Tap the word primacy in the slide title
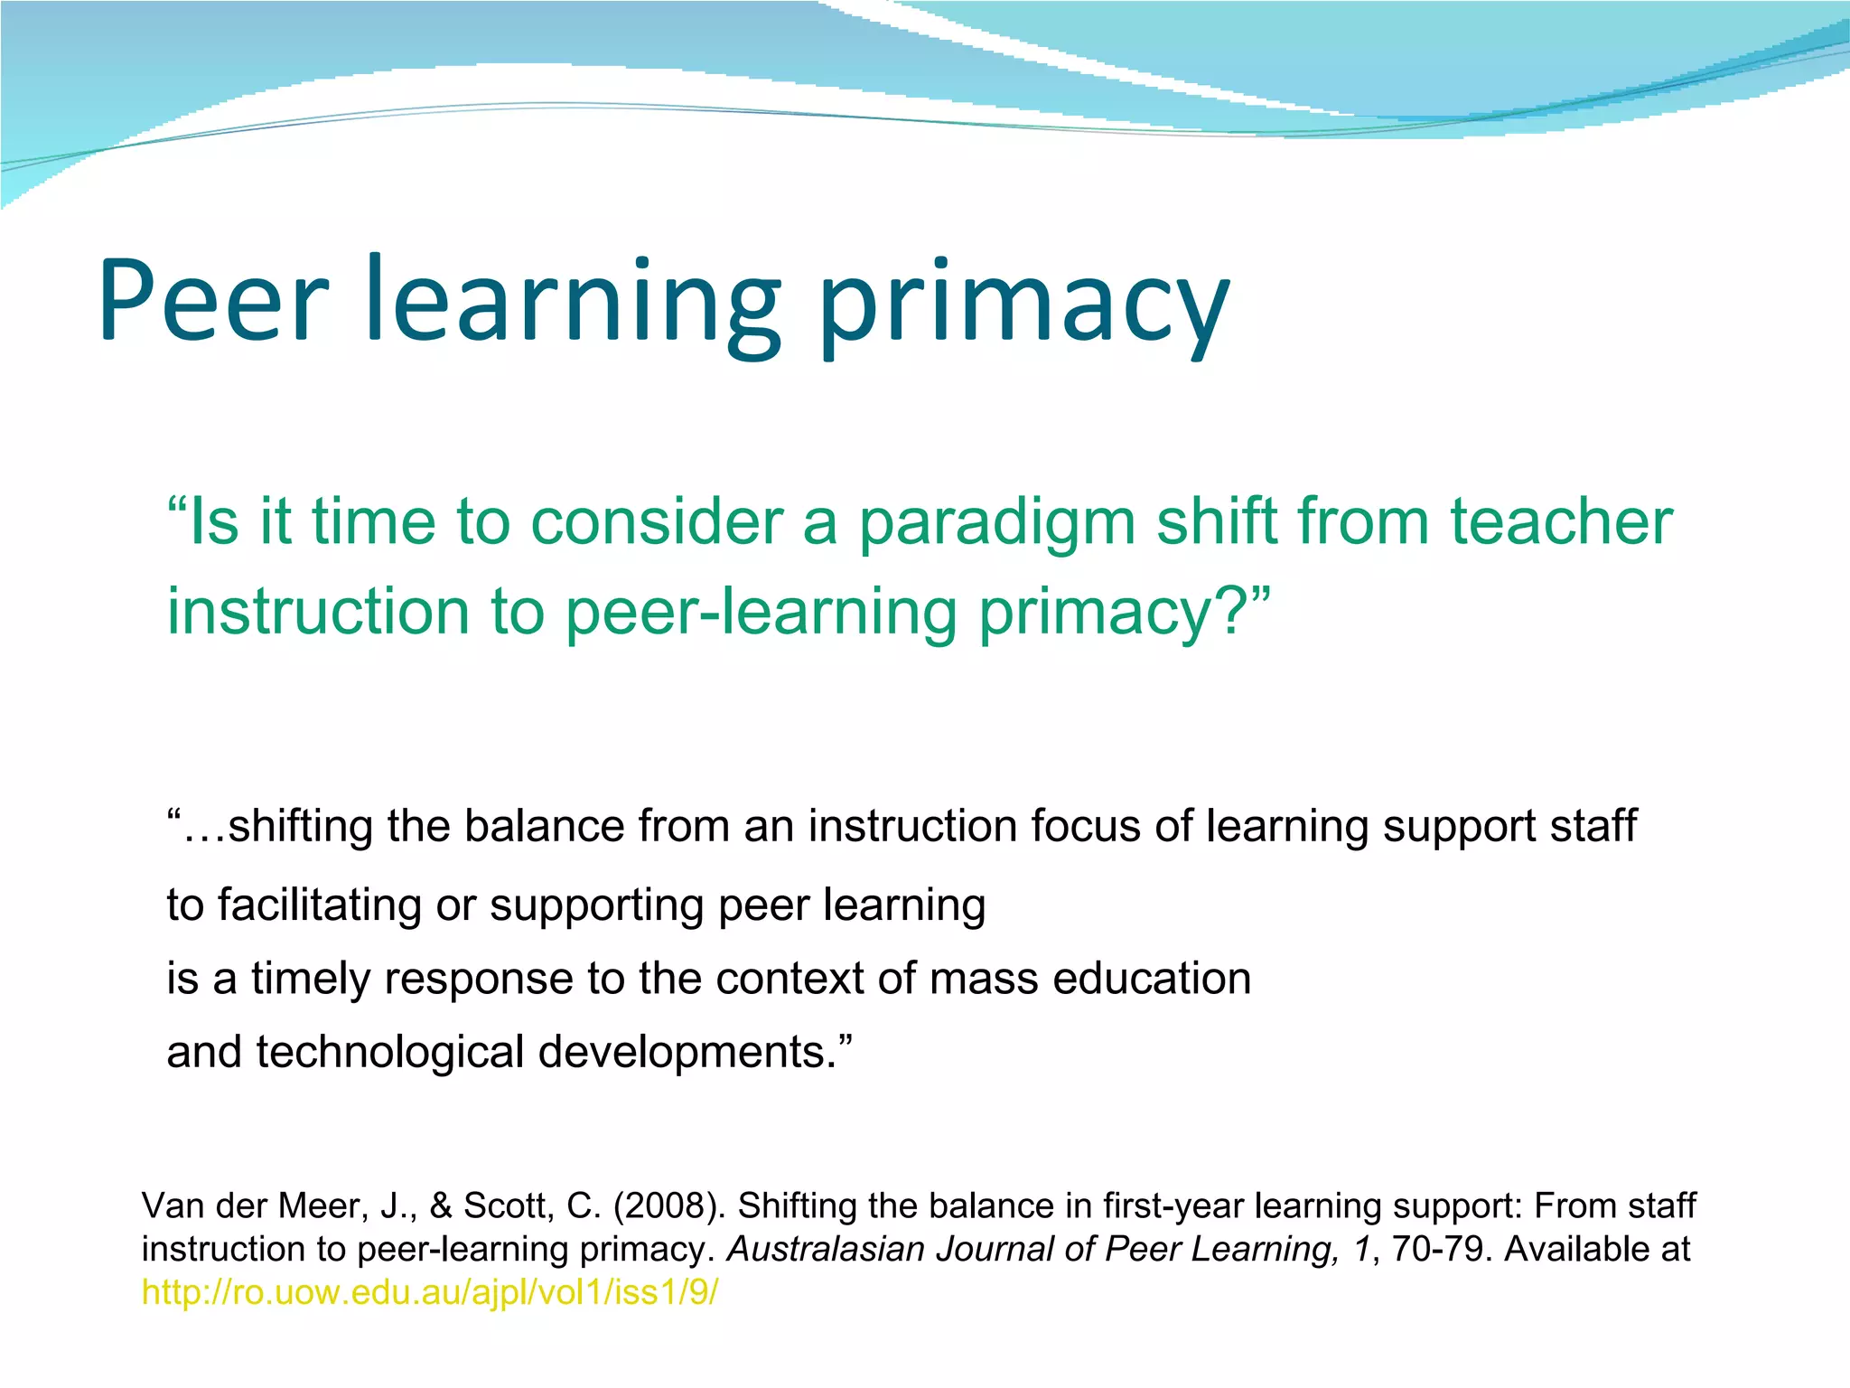pos(1023,303)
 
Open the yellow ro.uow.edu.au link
pos(430,1293)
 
